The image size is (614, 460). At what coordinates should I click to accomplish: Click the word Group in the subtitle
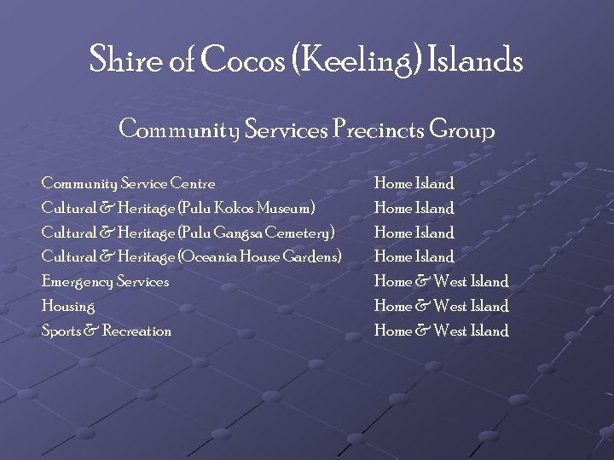coord(461,131)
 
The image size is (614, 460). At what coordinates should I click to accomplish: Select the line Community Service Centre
coord(128,182)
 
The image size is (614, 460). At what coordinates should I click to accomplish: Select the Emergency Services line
coord(105,281)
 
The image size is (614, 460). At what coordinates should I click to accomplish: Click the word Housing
coord(68,306)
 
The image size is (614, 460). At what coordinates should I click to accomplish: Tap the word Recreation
coord(136,331)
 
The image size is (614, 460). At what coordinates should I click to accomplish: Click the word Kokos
coord(222,207)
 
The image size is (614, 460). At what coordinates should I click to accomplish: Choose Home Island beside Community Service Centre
coord(414,182)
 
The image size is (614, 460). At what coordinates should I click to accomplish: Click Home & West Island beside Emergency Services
coord(441,281)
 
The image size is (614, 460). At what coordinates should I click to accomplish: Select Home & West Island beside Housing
coord(441,306)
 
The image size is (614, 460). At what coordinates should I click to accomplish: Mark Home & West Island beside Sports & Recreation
coord(441,331)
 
